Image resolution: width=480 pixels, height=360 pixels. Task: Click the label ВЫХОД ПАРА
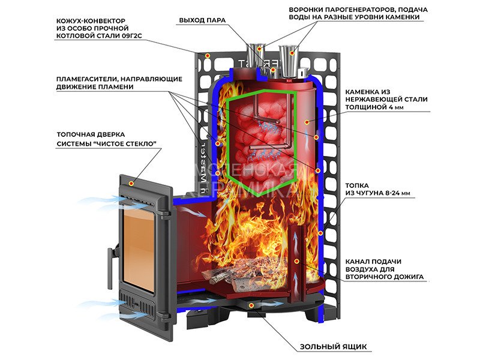point(202,20)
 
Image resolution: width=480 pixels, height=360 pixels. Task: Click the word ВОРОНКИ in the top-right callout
point(307,10)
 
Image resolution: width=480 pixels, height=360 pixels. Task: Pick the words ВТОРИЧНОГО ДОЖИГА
point(385,278)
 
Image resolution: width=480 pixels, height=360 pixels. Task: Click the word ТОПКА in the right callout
point(357,186)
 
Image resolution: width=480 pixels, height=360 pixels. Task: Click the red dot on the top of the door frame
point(130,181)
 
